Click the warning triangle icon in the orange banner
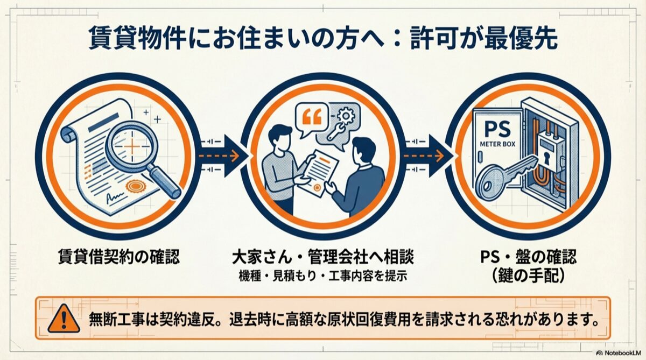[x=64, y=319]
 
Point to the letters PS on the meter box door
[x=498, y=129]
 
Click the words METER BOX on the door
[x=497, y=144]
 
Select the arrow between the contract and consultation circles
[x=222, y=156]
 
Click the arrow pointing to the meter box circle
[x=427, y=156]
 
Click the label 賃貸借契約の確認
[x=119, y=256]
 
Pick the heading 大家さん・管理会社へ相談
[x=323, y=257]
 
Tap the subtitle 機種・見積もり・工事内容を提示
[x=323, y=276]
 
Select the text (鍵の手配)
[x=528, y=276]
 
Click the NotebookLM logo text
[x=622, y=353]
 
